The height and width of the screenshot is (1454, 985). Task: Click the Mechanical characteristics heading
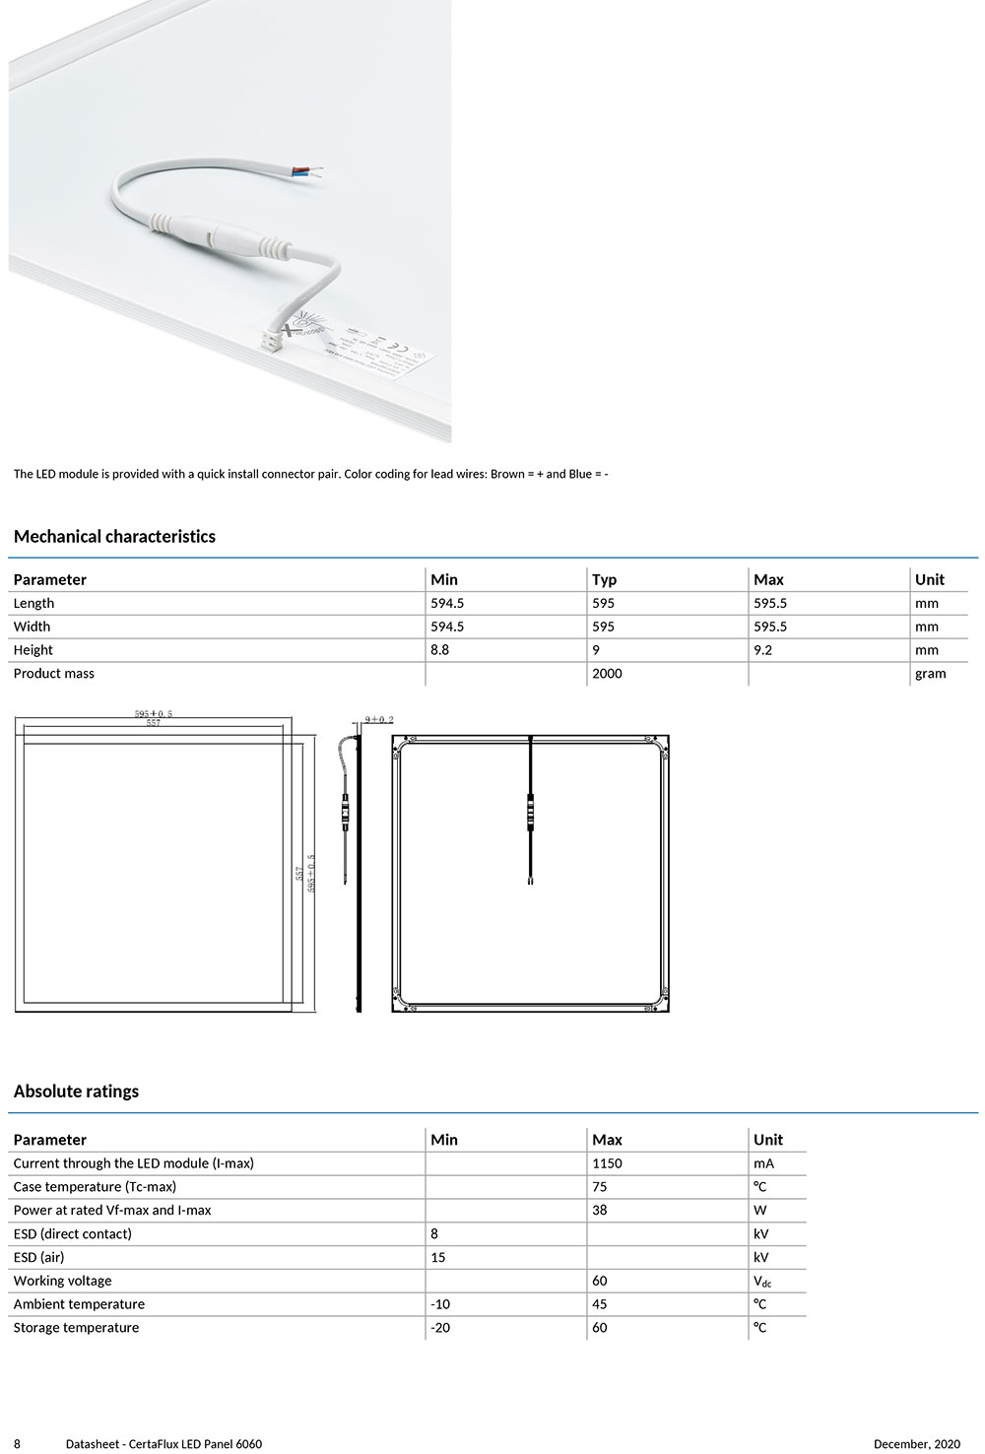(x=114, y=537)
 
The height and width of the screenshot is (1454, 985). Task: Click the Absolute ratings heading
(x=76, y=1091)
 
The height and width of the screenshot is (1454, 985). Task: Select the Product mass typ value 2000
(x=607, y=674)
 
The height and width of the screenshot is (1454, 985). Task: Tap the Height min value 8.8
(x=439, y=650)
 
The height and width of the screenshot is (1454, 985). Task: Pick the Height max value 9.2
(x=762, y=650)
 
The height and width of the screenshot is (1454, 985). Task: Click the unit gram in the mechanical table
(x=930, y=674)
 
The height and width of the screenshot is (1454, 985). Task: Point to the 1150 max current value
(x=607, y=1163)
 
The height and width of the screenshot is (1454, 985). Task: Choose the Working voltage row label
(x=62, y=1281)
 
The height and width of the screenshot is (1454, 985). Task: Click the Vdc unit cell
(x=762, y=1282)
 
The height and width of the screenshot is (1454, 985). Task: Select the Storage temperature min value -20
(x=440, y=1328)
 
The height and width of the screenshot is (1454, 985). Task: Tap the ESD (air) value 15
(x=438, y=1257)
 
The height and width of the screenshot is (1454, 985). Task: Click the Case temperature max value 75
(x=600, y=1187)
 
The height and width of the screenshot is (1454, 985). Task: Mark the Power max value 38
(x=600, y=1211)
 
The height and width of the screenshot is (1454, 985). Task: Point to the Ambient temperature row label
(x=79, y=1304)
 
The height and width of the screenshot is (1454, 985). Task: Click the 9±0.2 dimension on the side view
(x=379, y=720)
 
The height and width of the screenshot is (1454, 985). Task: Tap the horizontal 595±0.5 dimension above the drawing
(x=154, y=714)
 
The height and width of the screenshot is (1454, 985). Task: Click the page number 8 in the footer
(x=17, y=1444)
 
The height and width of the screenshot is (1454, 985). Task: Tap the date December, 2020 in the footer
(x=916, y=1444)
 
